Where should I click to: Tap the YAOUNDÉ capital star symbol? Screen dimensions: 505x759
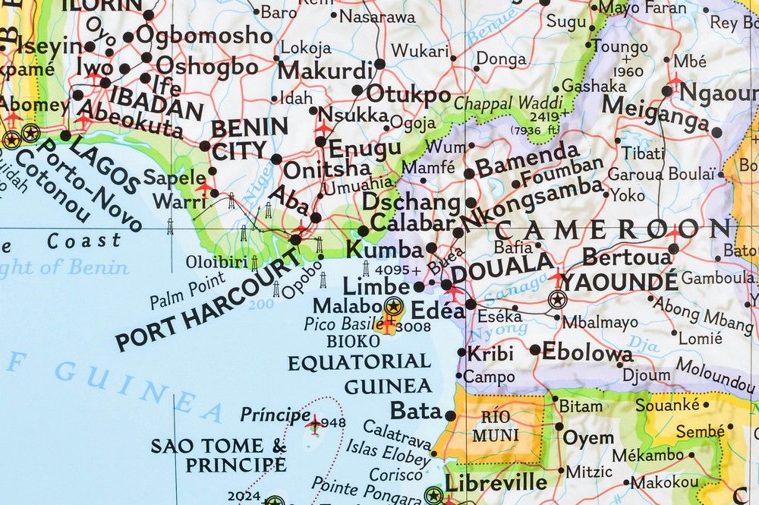(x=557, y=299)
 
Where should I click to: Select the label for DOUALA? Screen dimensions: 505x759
(x=502, y=266)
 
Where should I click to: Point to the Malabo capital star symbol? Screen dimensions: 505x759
(x=393, y=307)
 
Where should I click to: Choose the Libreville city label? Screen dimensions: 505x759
(x=496, y=483)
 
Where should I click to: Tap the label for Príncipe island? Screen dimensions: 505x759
(x=275, y=415)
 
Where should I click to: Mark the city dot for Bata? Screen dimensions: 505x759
(x=450, y=415)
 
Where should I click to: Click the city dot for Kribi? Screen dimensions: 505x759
(x=462, y=352)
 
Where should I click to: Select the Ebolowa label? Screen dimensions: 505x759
(x=587, y=352)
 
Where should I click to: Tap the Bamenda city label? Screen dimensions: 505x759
(x=527, y=154)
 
